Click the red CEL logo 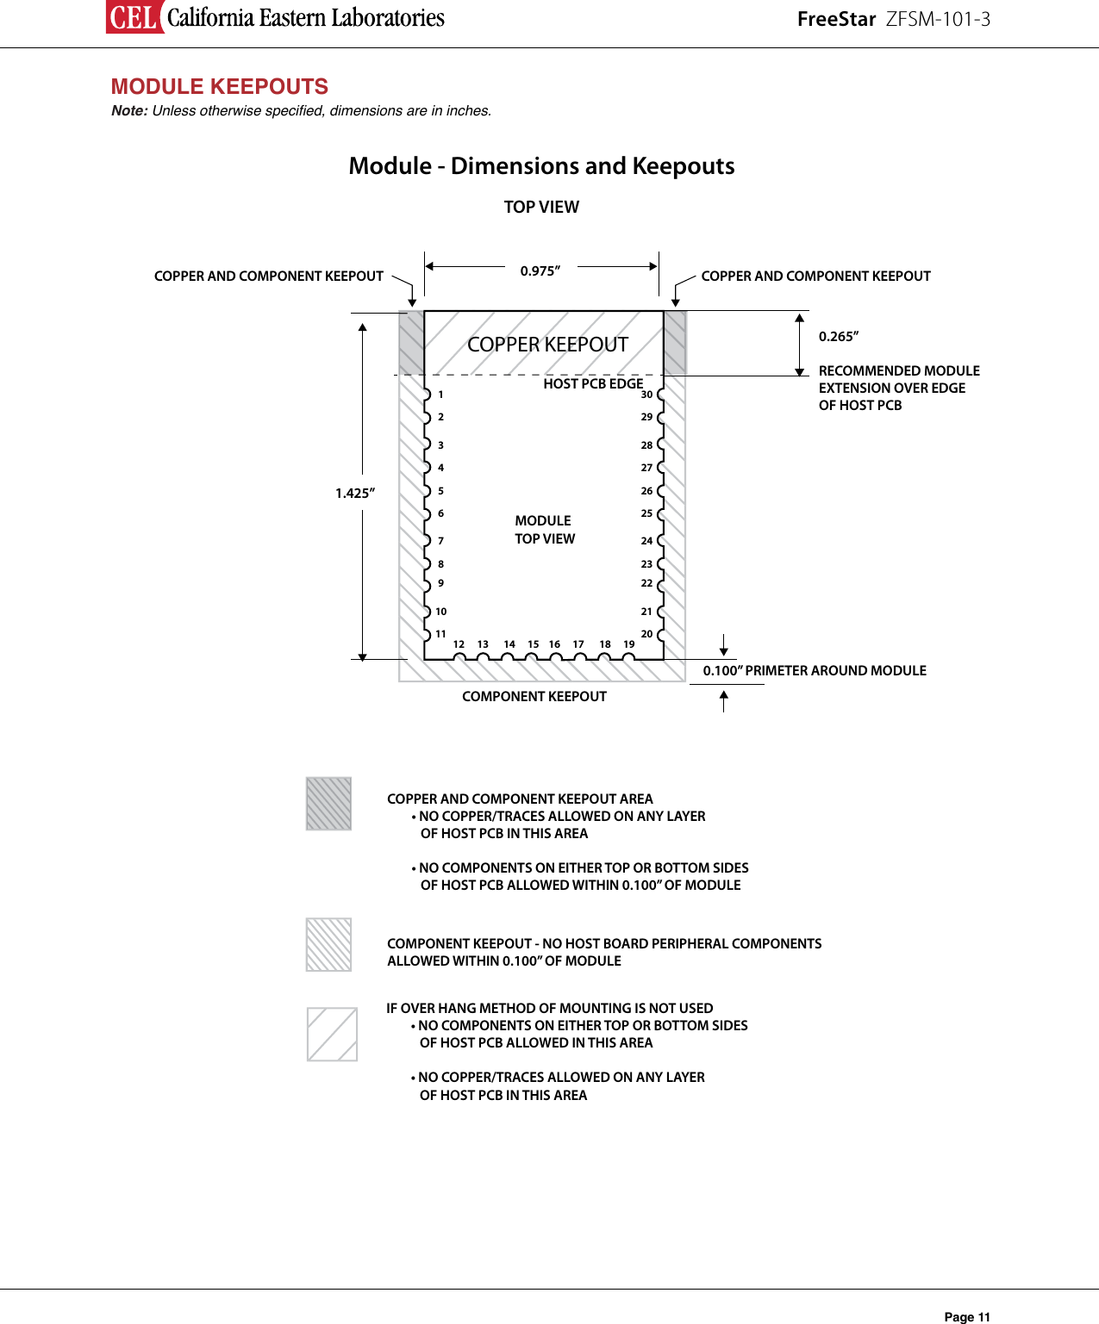point(134,16)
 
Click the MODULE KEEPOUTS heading point(219,86)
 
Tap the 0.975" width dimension point(540,270)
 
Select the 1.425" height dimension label point(355,493)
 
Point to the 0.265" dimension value point(839,336)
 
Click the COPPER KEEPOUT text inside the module point(547,345)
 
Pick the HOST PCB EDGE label point(593,383)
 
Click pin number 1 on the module point(440,395)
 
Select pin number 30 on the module point(646,395)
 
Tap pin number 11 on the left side point(440,634)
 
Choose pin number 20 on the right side point(646,634)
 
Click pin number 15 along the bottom point(534,644)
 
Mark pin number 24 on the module point(646,541)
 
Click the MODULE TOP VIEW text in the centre point(544,530)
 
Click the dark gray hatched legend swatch point(328,804)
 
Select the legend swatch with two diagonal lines point(332,1034)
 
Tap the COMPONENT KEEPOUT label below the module point(534,696)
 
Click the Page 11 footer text point(967,1316)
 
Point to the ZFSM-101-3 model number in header point(938,19)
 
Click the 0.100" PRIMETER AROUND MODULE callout point(815,670)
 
